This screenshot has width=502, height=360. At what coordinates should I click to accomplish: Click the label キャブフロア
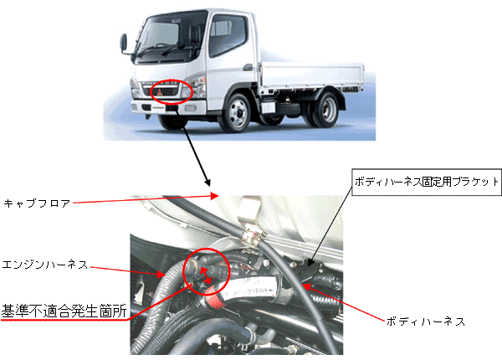37,203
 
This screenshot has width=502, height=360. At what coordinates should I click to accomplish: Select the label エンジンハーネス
45,265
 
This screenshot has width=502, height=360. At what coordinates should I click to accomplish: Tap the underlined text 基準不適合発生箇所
64,311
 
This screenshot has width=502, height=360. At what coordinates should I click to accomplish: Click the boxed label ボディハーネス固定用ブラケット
427,182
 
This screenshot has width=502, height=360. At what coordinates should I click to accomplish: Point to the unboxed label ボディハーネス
426,321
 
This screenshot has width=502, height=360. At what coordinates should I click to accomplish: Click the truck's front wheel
236,112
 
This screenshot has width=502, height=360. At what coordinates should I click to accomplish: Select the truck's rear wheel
325,109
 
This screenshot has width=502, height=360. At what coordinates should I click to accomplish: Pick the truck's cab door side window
227,34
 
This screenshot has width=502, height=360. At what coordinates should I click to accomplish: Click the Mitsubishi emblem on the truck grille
159,93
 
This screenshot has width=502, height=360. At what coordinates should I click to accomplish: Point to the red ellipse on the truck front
172,91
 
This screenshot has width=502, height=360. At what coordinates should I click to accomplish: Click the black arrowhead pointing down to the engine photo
207,183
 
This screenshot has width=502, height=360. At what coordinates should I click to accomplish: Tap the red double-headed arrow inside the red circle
206,275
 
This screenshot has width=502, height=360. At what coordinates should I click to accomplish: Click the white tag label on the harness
253,287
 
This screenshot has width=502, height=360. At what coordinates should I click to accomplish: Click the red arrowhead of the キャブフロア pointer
215,196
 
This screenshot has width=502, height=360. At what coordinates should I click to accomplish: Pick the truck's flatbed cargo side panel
312,75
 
